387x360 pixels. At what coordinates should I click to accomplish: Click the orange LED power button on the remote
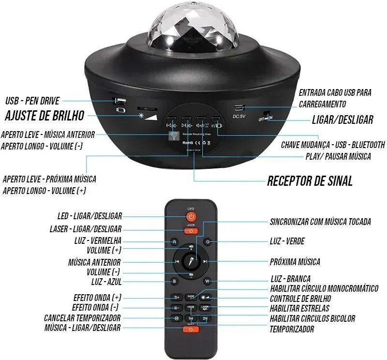point(191,216)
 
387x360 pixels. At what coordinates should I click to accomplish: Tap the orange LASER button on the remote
point(191,231)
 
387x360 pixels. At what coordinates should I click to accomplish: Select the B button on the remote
point(174,281)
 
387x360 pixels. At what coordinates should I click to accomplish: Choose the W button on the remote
point(207,281)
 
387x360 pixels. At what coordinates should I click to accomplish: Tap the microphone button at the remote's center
point(191,261)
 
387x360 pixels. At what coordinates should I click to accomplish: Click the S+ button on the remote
point(177,297)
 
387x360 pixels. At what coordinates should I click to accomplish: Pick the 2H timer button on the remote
point(205,318)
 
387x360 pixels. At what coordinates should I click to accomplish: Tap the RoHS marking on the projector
point(188,143)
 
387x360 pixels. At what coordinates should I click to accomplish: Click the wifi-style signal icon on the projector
point(173,136)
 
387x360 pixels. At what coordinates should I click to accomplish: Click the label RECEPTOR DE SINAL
point(310,181)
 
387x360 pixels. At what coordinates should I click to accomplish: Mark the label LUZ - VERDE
point(287,241)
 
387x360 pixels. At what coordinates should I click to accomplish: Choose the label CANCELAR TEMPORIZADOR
point(82,318)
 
